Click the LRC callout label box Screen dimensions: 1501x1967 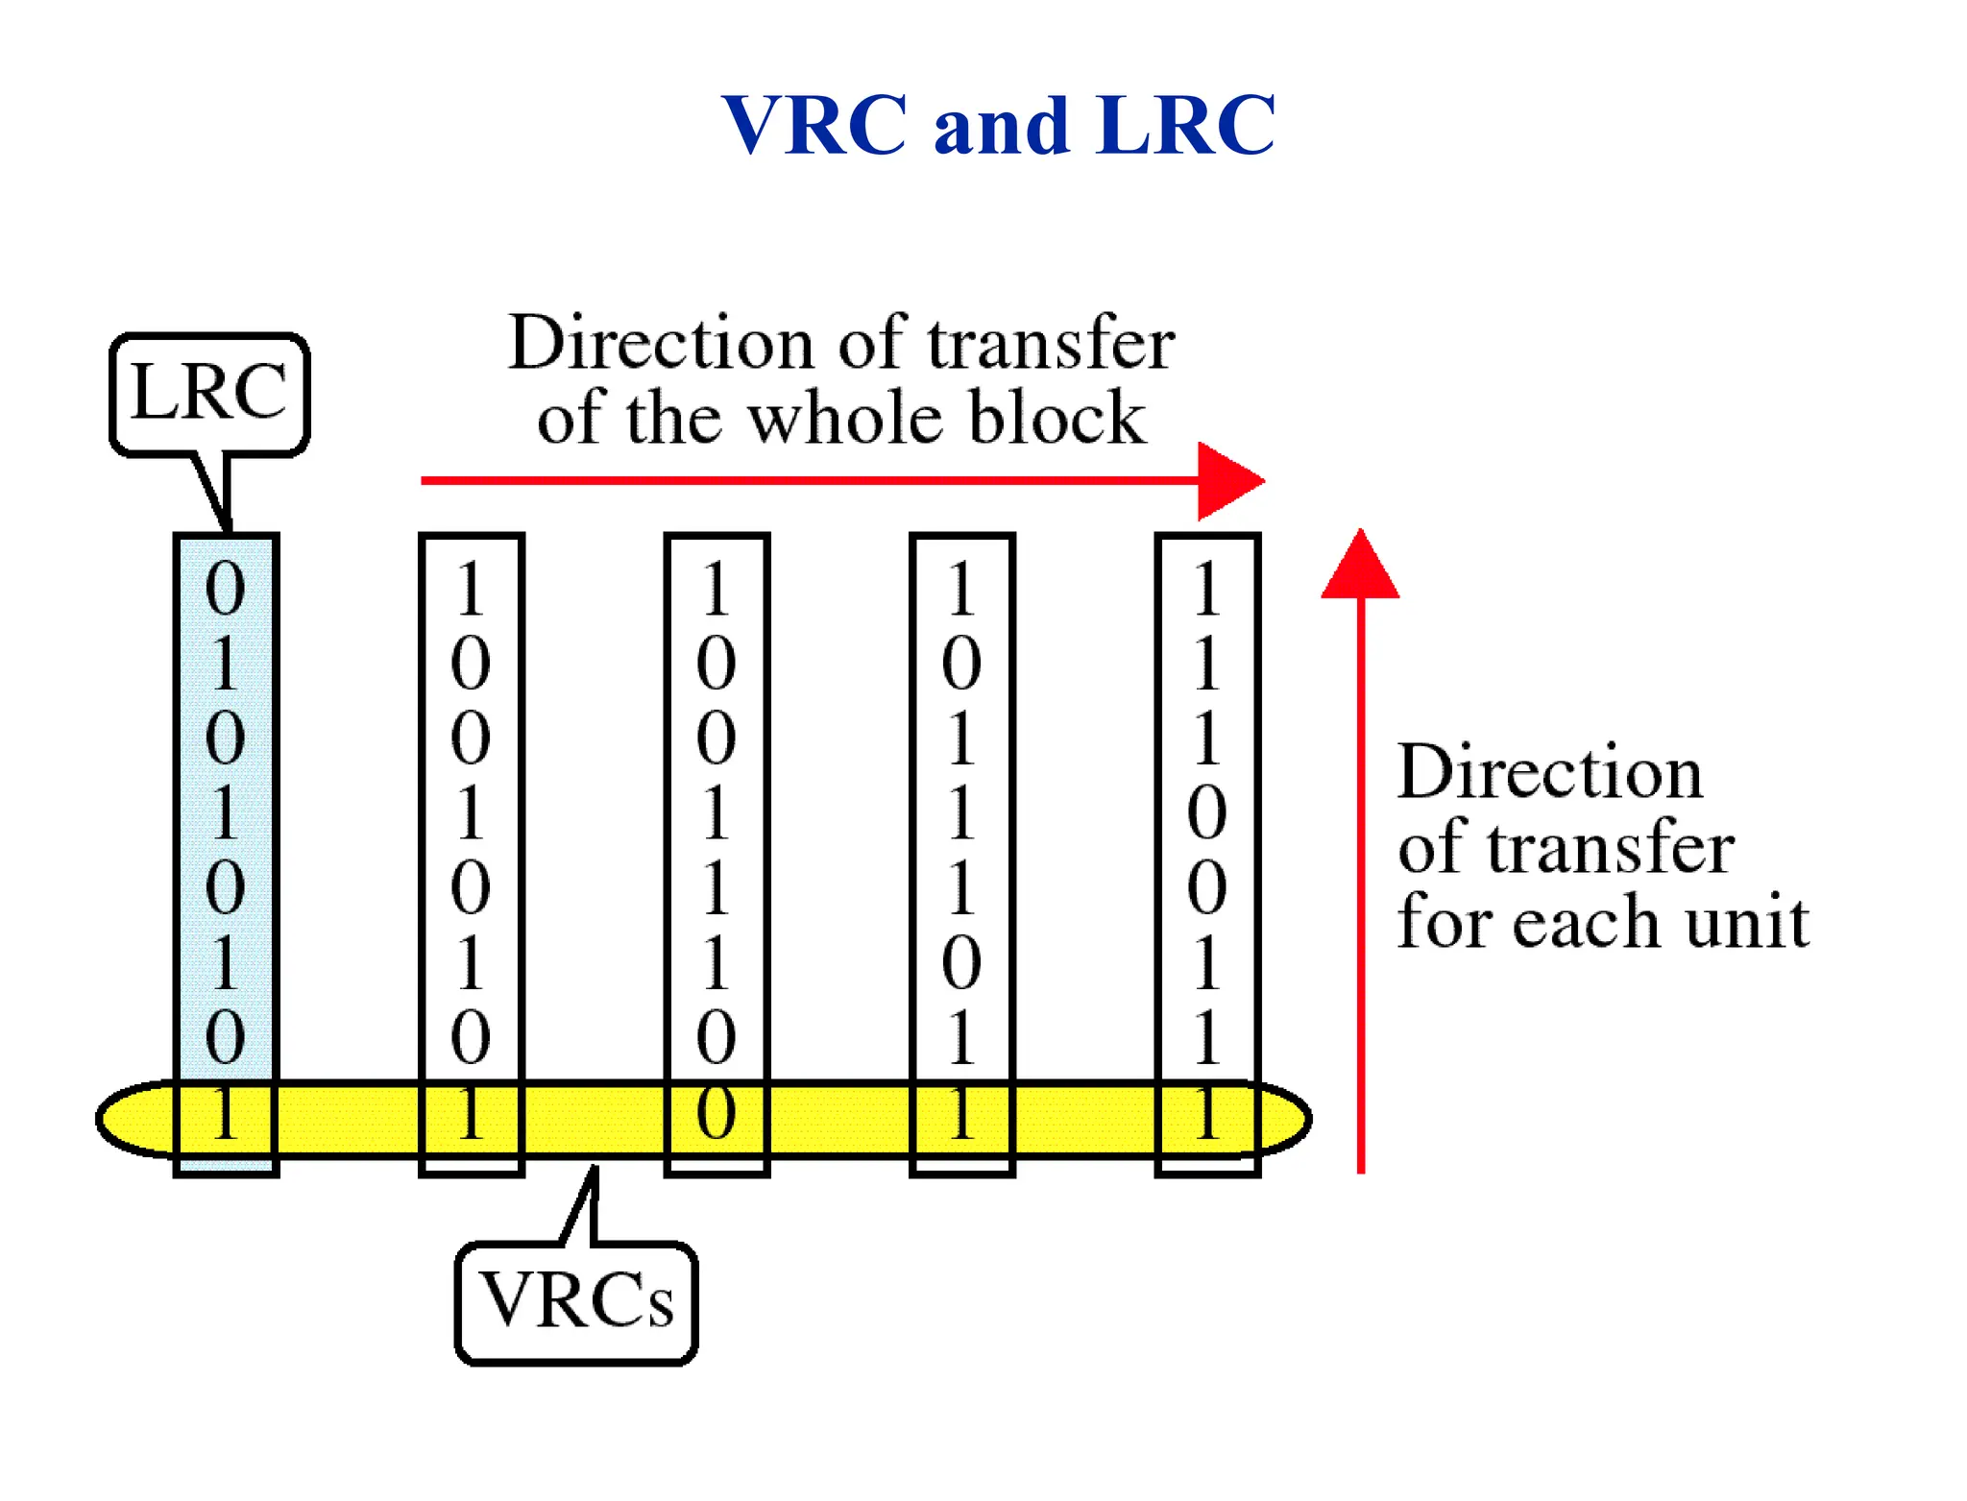tap(209, 393)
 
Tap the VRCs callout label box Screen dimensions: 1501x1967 tap(576, 1301)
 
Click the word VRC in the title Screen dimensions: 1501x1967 tap(814, 125)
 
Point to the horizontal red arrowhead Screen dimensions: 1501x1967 tap(1229, 480)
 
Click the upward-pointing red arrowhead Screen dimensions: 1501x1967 tap(1360, 567)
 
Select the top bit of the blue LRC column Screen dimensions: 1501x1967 tap(226, 588)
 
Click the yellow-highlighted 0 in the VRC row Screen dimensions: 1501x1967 tap(716, 1114)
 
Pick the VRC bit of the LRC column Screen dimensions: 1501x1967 tap(226, 1114)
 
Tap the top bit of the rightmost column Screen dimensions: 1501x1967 tap(1207, 588)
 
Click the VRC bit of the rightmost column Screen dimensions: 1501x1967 tap(1207, 1114)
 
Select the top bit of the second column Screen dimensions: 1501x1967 tap(471, 588)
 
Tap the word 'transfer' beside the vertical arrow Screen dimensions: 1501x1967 tap(1613, 847)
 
